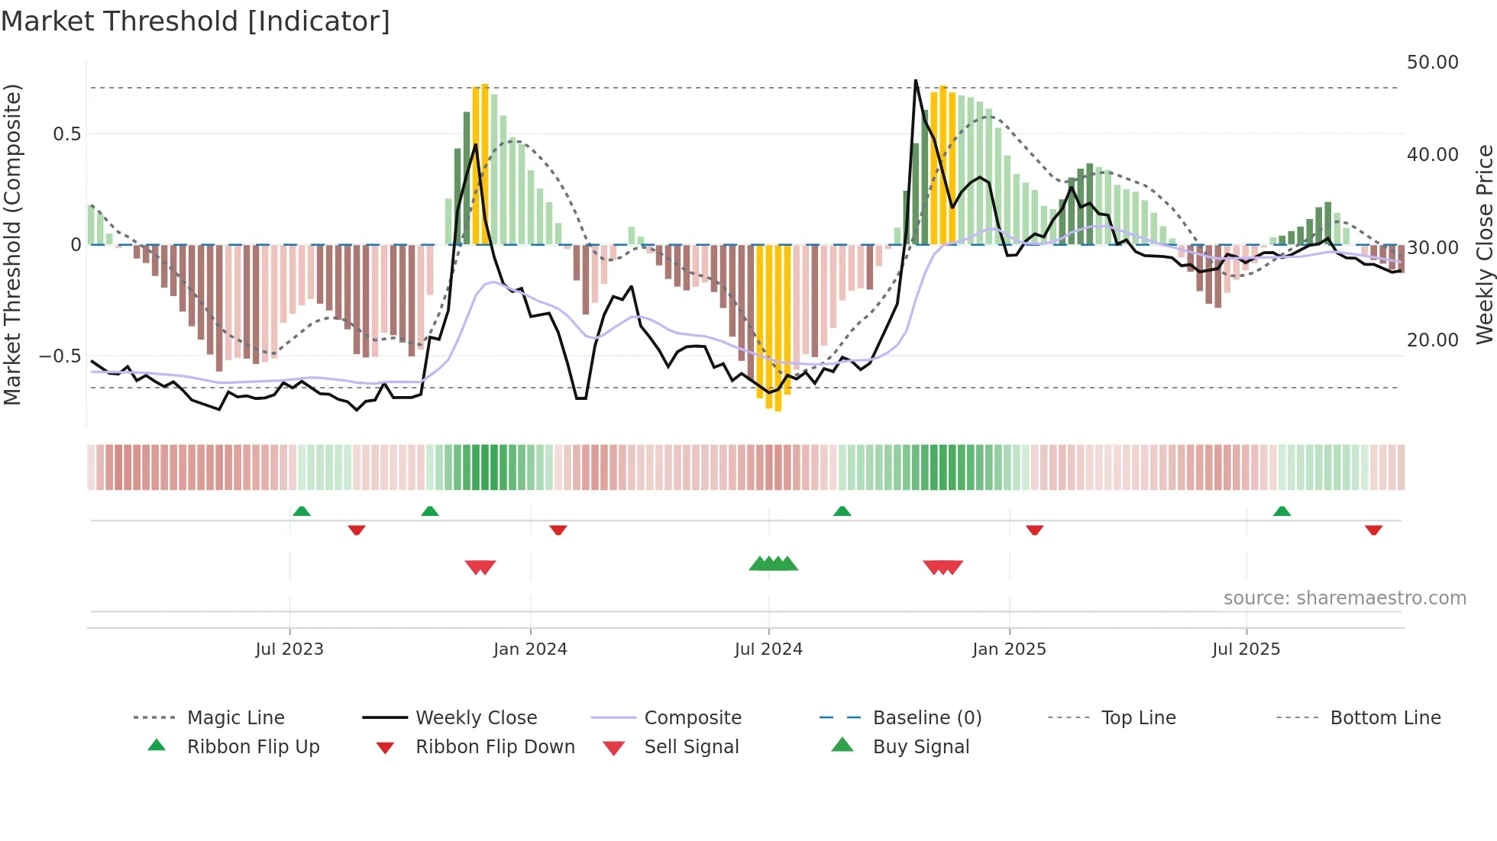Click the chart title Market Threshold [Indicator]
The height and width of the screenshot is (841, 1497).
click(196, 21)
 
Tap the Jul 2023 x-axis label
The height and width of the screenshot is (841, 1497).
click(289, 649)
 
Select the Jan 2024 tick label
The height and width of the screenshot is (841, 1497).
click(530, 649)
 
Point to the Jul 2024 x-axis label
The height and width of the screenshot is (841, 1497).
click(768, 649)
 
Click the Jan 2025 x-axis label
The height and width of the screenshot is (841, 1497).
click(1009, 649)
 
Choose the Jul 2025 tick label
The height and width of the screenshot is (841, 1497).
click(1246, 649)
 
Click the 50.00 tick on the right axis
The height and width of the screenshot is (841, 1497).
click(1432, 63)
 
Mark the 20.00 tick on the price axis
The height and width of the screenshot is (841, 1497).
click(1432, 340)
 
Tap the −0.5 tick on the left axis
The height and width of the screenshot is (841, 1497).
click(60, 356)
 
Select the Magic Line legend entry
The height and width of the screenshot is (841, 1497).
click(235, 718)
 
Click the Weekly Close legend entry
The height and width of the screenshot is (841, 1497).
click(476, 718)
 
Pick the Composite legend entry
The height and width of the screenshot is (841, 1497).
click(692, 718)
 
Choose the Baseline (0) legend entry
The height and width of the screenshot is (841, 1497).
click(926, 718)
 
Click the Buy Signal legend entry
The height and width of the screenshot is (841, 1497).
click(920, 747)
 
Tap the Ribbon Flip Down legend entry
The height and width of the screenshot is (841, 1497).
click(494, 747)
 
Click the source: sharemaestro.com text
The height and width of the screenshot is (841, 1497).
click(1344, 598)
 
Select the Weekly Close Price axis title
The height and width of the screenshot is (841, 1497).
click(1484, 244)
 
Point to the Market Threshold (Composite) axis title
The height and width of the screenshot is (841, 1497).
click(12, 244)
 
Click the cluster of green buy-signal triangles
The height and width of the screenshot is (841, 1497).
click(773, 564)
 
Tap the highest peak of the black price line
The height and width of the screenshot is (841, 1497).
click(916, 80)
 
